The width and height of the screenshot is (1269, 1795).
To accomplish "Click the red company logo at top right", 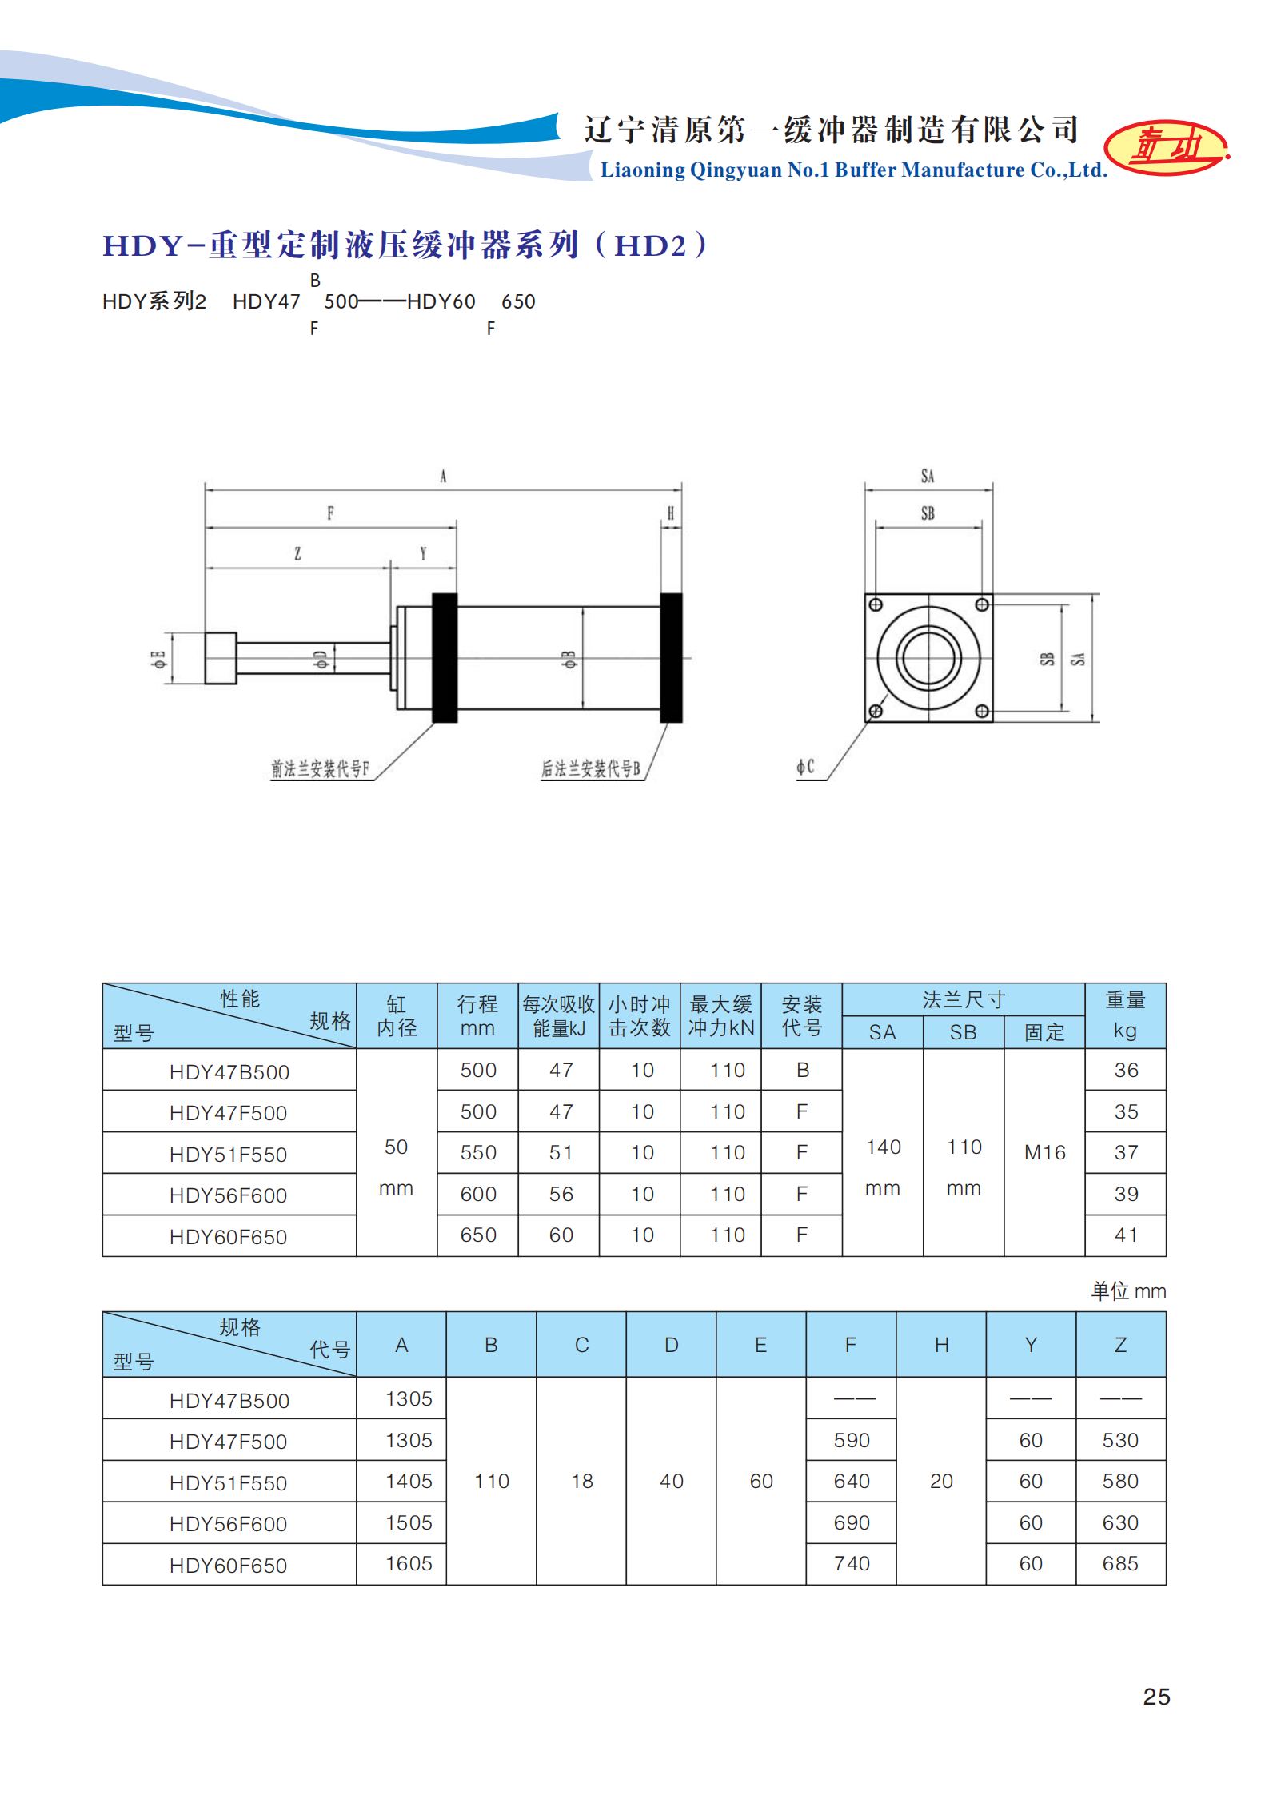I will pos(1166,147).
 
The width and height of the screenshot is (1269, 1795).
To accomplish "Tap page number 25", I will pos(1156,1697).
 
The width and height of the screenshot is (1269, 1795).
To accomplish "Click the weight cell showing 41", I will pos(1126,1235).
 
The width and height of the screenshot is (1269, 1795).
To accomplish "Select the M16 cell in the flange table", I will pos(1044,1152).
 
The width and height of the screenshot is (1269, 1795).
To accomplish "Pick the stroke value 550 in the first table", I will pos(478,1152).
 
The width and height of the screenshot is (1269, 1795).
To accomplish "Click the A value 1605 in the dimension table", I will pos(409,1564).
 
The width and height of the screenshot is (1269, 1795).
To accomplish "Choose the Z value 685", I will pos(1120,1564).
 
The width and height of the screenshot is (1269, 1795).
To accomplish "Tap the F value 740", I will pos(852,1564).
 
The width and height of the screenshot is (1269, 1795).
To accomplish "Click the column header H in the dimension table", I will pos(941,1346).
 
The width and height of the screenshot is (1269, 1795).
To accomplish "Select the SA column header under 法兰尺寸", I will pos(882,1032).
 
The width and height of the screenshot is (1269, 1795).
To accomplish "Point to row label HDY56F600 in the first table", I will pos(228,1195).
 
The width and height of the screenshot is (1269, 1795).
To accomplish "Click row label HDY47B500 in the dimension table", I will pos(229,1401).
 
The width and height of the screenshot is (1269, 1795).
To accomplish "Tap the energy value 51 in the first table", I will pos(561,1152).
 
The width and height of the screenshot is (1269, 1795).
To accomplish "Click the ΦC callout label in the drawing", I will pos(805,768).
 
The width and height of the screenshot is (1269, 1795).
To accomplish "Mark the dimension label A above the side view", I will pos(443,477).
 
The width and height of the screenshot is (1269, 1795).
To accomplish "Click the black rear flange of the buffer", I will pos(671,658).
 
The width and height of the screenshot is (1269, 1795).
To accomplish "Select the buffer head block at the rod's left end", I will pos(221,658).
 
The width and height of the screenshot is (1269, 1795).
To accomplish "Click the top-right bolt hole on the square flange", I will pos(982,605).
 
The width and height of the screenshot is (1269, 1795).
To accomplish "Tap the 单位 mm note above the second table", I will pos(1128,1291).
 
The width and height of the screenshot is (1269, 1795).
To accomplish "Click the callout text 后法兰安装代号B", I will pos(591,769).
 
